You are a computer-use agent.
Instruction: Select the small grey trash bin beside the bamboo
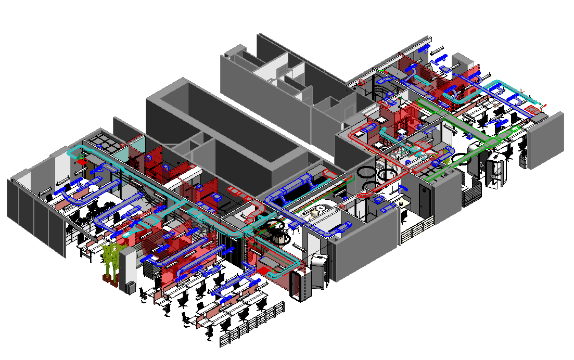[131, 287]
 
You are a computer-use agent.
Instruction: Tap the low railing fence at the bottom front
[253, 326]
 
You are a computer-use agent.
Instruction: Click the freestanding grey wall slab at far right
[545, 139]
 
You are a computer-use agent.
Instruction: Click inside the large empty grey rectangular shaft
[224, 130]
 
